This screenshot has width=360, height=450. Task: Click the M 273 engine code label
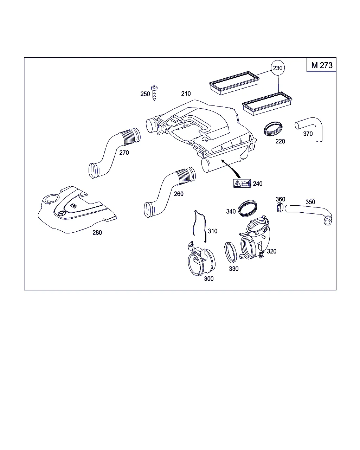click(322, 65)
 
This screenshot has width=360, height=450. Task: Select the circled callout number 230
click(278, 68)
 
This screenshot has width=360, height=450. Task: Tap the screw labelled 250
click(154, 93)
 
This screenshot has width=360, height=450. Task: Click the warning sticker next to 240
click(242, 184)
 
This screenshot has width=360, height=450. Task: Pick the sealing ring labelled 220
click(273, 129)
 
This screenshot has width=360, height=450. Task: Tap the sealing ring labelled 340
click(247, 208)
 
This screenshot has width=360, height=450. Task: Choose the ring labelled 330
click(231, 253)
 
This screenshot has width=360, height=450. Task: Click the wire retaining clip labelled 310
click(200, 226)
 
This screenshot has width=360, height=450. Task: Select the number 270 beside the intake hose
click(124, 153)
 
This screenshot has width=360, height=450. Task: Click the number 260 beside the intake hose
click(179, 194)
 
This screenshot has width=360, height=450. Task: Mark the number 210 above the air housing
click(186, 94)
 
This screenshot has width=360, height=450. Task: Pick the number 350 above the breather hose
click(310, 202)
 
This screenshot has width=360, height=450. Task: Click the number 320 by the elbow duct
click(272, 251)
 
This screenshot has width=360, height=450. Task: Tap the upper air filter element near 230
click(234, 83)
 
